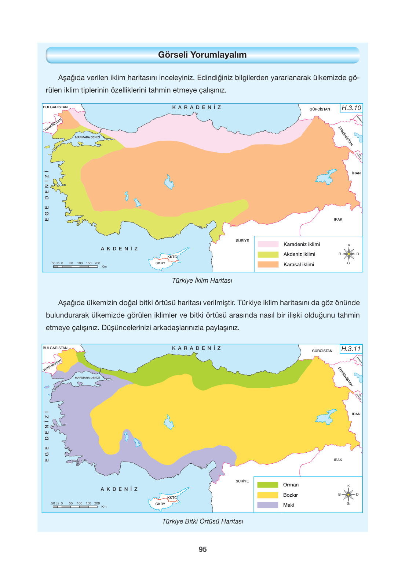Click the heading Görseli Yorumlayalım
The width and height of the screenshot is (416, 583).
point(202,55)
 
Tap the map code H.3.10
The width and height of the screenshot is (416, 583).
point(351,108)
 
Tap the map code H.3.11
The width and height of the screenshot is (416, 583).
point(351,349)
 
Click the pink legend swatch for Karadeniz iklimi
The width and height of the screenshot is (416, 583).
point(268,244)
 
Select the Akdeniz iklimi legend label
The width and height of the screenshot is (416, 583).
point(299,254)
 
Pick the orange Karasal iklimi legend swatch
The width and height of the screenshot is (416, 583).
point(268,264)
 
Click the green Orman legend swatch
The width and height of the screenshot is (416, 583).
point(267,485)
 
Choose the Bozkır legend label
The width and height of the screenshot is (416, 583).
point(290,495)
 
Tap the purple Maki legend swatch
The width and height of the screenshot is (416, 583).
point(267,505)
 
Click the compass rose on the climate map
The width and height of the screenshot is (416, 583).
point(349,254)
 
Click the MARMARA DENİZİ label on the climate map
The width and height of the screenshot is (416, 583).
point(87,137)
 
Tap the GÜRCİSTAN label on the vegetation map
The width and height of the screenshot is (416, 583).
point(322,351)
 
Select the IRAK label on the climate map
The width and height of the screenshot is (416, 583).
point(338,220)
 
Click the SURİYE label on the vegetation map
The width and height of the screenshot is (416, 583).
point(242,481)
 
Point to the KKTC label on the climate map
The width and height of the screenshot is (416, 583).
point(172,257)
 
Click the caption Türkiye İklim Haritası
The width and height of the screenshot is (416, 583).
point(202,280)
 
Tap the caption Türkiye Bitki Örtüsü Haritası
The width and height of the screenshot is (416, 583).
point(202,521)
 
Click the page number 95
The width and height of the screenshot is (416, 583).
point(202,549)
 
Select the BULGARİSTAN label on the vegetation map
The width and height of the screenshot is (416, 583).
point(55,348)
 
